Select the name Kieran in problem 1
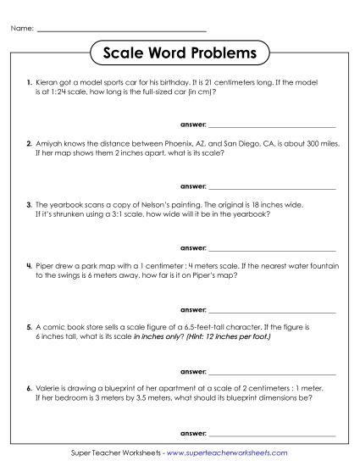(x=48, y=83)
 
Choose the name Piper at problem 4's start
(x=47, y=267)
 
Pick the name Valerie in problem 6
(x=50, y=389)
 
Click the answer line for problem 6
(x=271, y=430)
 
